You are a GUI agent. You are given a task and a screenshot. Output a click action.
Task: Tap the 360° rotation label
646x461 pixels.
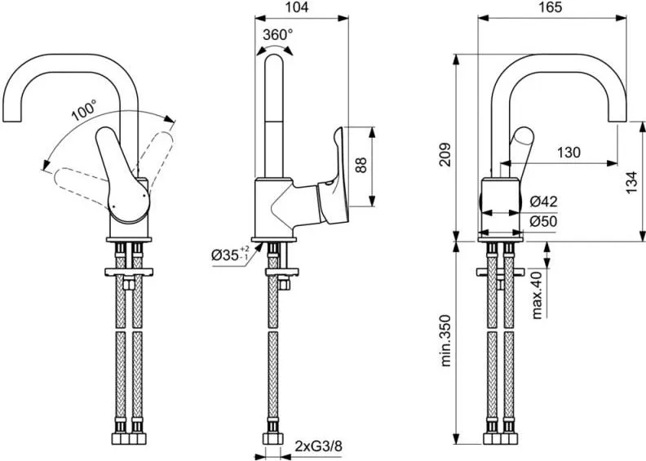(x=278, y=34)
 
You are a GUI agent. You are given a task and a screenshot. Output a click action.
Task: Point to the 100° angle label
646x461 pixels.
(x=83, y=110)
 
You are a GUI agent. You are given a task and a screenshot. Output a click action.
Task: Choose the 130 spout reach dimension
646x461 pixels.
(x=570, y=152)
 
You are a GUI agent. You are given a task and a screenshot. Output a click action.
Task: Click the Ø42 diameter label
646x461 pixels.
(x=542, y=201)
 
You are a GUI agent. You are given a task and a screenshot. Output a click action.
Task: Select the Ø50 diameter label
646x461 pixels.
(x=542, y=221)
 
